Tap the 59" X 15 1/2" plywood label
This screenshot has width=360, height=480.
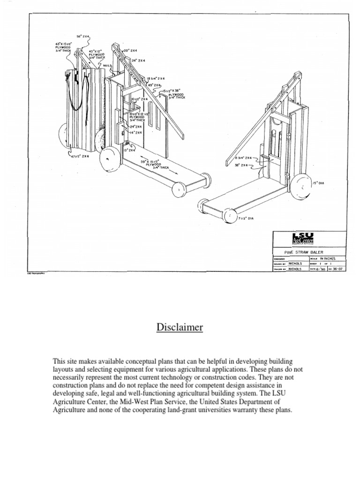(150, 164)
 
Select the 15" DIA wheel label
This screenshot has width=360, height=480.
(318, 183)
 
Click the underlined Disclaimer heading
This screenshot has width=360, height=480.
(180, 327)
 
